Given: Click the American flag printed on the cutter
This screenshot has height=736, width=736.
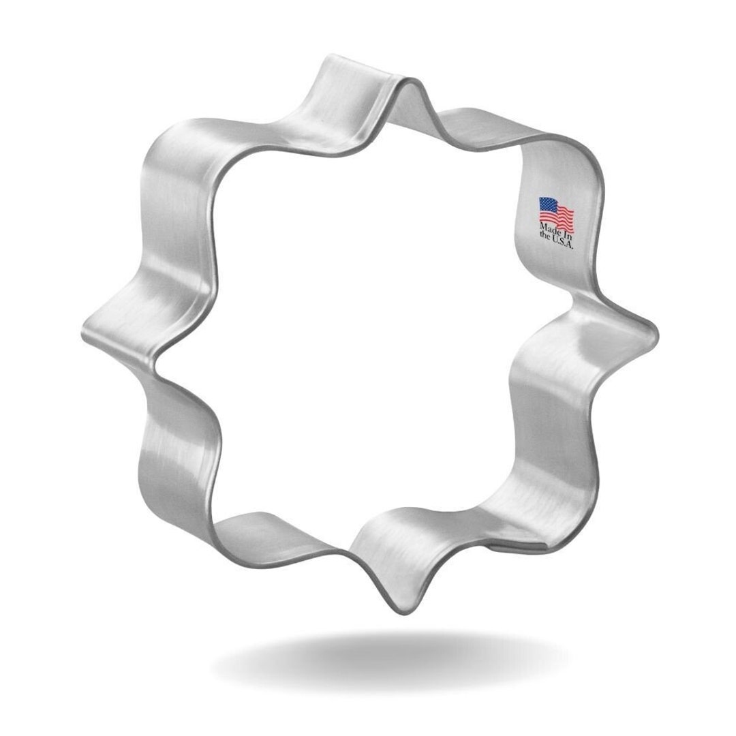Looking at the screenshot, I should coord(557,212).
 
